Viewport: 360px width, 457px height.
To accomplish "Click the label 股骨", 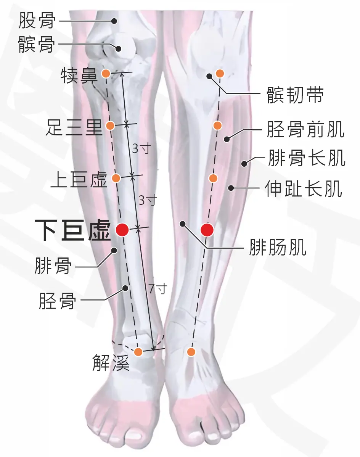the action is pos(37,20).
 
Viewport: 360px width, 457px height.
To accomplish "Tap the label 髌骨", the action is pos(37,45).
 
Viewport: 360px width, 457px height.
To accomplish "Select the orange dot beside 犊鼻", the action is pos(106,74).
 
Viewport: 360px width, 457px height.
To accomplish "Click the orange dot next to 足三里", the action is pos(110,126).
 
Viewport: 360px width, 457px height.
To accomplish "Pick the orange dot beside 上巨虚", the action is pos(116,178).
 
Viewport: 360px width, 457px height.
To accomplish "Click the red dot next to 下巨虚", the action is pos(122,230).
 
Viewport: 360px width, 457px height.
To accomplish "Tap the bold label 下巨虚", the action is pos(73,230).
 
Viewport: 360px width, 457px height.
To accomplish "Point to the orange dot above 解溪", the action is pos(138,352).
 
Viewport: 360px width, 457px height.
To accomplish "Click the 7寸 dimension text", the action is pos(158,288).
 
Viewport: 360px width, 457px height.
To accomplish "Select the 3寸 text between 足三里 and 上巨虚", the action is pos(141,148).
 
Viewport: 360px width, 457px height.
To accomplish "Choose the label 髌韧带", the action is pos(295,95).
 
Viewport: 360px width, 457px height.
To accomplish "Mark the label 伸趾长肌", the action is pos(304,188).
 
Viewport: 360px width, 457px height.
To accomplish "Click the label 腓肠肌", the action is pos(278,247).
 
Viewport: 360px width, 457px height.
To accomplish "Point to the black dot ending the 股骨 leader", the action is pos(114,21).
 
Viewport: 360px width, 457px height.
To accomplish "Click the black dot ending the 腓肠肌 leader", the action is pos(183,224).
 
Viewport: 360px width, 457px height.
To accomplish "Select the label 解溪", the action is pos(111,362).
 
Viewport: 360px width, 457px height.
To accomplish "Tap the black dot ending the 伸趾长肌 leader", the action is pos(231,188).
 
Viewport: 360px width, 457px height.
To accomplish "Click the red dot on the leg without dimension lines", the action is pos(207,230).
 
